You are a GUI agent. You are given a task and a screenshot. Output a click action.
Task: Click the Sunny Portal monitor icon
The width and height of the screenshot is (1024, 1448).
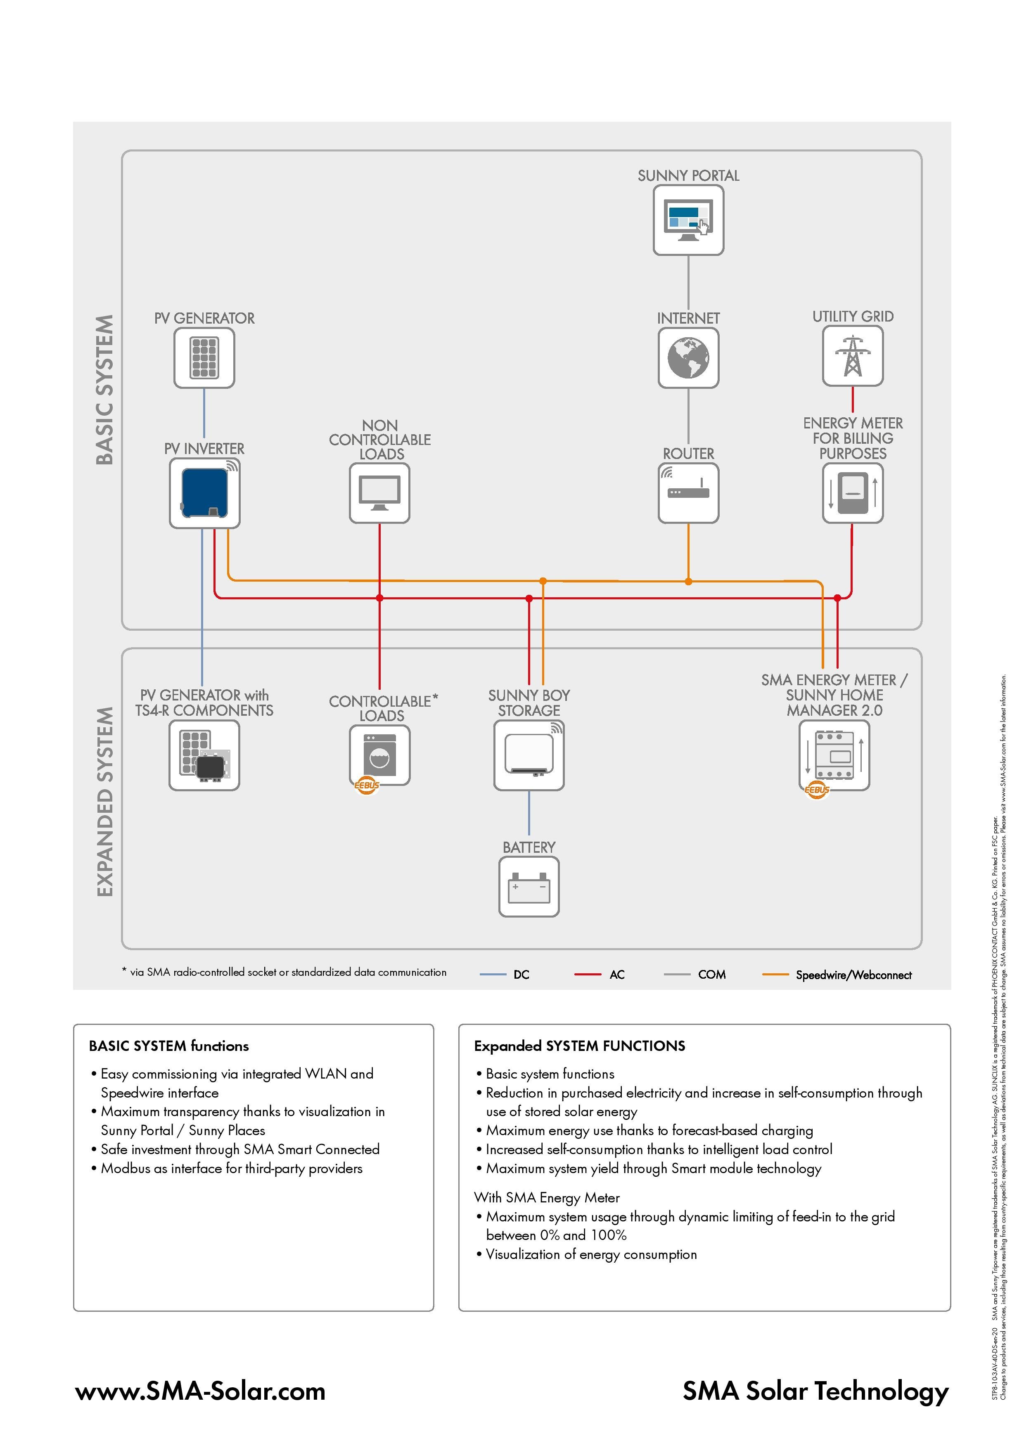point(688,220)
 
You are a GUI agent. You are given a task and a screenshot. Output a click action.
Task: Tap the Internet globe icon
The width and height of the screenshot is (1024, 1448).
point(688,357)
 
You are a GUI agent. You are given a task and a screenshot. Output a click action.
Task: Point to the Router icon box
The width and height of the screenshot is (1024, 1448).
point(688,493)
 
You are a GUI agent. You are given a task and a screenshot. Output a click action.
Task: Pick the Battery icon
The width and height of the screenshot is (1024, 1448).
point(529,887)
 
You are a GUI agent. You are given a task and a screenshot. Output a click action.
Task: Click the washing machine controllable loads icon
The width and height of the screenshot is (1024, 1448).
point(379,755)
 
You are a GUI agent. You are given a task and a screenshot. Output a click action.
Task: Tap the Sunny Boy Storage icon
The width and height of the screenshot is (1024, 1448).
point(529,755)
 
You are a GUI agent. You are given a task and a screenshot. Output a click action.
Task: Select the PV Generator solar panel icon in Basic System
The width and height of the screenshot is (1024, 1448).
point(204,357)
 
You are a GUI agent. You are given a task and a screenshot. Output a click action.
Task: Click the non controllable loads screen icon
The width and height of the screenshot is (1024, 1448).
point(379,493)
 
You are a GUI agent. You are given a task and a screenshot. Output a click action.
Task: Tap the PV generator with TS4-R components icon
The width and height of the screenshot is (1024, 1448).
point(204,755)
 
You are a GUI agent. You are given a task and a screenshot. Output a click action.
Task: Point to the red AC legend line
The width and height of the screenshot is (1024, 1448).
point(588,975)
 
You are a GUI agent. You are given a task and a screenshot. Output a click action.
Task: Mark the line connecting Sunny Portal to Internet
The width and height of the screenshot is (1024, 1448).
point(688,282)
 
